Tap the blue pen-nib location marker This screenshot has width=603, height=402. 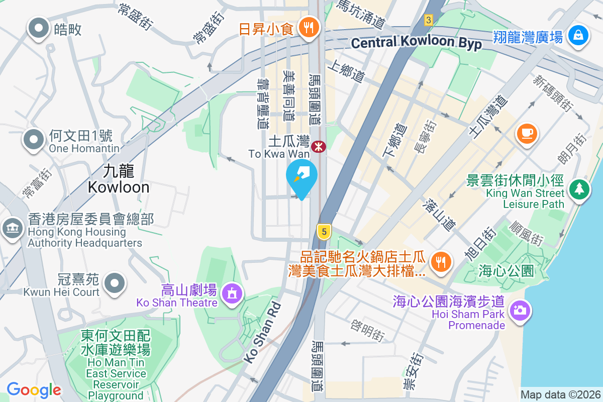[x=301, y=177]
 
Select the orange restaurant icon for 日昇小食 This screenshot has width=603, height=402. [x=307, y=27]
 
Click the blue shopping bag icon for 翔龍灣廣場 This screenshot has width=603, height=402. [x=578, y=36]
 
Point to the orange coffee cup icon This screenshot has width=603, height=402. [x=527, y=134]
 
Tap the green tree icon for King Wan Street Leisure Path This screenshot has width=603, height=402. [x=579, y=189]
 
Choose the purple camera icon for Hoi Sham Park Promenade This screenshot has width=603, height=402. [x=519, y=309]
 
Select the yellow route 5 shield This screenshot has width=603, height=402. [x=325, y=232]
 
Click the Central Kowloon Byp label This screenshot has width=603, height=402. [x=417, y=43]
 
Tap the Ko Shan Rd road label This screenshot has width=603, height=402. [x=261, y=332]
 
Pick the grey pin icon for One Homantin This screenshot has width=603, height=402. [x=34, y=140]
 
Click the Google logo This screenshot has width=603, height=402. [x=34, y=389]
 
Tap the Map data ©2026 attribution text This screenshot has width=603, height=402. [x=560, y=394]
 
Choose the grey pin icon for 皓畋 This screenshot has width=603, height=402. [x=39, y=29]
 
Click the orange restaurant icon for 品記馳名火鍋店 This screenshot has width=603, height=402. [x=441, y=261]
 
